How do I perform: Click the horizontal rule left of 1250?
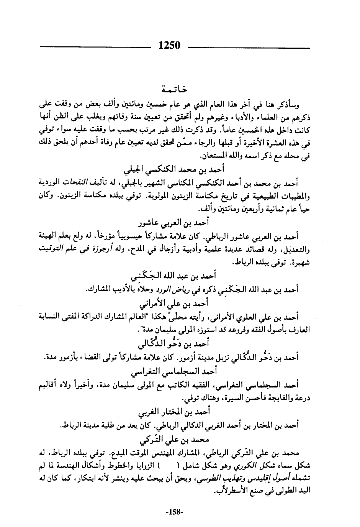tap(95, 48)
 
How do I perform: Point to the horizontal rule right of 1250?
tap(249, 48)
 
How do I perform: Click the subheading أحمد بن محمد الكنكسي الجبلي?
tap(175, 169)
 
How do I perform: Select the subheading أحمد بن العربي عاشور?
tap(175, 222)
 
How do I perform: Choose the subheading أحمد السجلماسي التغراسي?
tap(175, 372)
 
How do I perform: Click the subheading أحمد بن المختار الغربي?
tap(175, 412)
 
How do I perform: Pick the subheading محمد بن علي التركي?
tap(175, 440)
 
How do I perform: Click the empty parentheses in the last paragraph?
tap(169, 466)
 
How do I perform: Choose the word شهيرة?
tap(299, 263)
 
